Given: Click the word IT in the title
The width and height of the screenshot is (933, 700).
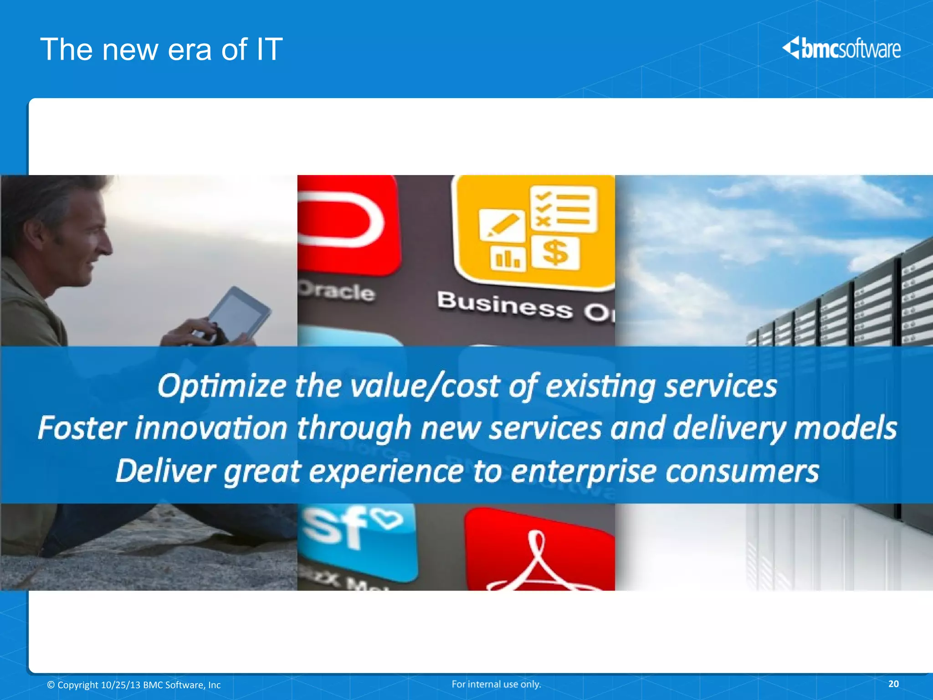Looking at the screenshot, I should (x=269, y=49).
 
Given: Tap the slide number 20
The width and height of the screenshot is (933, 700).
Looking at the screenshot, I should (x=893, y=684).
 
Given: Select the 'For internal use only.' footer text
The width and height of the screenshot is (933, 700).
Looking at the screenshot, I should (x=496, y=684).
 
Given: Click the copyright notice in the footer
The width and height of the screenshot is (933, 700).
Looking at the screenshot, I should (x=134, y=685).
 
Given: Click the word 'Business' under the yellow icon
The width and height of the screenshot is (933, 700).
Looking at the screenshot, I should (x=504, y=305).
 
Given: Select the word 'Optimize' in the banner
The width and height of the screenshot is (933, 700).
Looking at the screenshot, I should (x=221, y=386).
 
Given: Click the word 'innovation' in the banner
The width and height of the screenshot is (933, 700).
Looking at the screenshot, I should (x=211, y=428).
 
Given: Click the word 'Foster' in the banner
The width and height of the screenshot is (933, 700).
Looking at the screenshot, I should (x=82, y=428).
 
